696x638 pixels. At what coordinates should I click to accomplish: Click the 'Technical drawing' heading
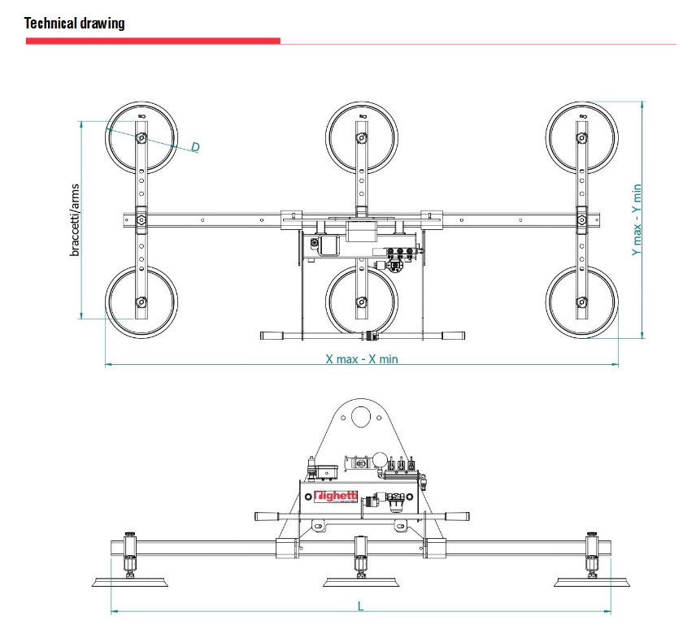click(x=75, y=23)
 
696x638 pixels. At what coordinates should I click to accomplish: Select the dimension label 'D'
click(x=195, y=147)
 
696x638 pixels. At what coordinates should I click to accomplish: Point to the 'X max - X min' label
click(x=362, y=358)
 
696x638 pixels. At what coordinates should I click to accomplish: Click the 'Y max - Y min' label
click(x=637, y=219)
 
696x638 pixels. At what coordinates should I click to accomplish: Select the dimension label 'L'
click(x=361, y=605)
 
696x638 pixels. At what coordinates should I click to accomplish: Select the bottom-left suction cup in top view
click(x=141, y=302)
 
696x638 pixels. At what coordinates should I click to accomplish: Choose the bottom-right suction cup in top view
click(x=582, y=302)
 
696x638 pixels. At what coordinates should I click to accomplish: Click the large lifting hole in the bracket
click(x=359, y=419)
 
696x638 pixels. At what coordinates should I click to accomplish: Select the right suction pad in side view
click(x=591, y=581)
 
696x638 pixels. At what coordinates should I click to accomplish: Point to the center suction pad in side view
click(x=360, y=581)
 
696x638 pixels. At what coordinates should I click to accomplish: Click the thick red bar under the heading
click(x=153, y=41)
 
